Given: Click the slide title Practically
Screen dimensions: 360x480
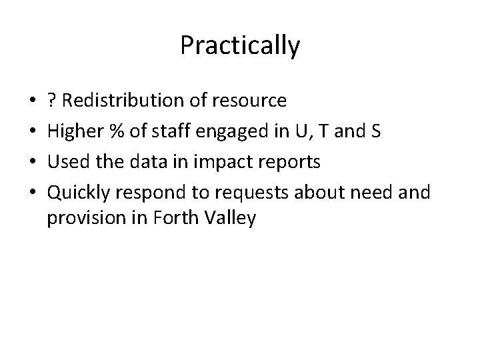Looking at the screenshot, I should click(x=240, y=46).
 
